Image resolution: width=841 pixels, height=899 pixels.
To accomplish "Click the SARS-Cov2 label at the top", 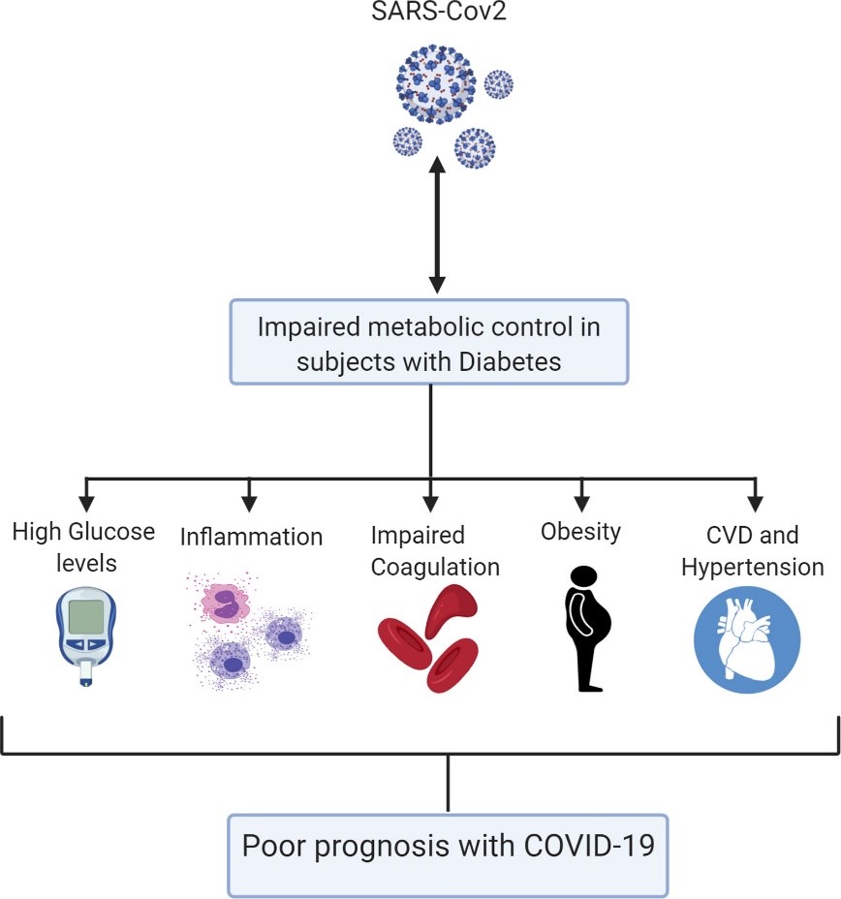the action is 439,12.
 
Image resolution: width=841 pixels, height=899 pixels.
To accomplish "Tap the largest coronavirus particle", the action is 436,84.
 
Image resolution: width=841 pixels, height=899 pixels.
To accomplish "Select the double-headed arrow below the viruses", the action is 437,225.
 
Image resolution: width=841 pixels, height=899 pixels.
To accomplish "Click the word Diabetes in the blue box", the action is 510,361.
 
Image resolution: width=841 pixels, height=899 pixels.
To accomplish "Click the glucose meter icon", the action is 86,636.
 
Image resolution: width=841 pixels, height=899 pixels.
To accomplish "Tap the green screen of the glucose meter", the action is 86,616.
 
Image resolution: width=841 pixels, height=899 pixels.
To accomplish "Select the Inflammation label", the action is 251,538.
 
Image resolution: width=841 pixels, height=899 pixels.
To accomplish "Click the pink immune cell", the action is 225,603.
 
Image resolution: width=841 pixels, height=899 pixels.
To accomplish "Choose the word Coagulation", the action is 435,568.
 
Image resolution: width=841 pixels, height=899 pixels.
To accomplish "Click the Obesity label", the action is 580,533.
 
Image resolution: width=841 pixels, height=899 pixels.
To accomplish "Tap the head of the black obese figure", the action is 584,575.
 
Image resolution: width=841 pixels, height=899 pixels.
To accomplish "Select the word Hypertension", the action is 753,568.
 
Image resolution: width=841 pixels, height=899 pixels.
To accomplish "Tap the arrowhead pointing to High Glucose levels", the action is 86,504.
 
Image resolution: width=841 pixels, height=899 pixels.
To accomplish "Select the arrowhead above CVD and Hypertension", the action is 756,504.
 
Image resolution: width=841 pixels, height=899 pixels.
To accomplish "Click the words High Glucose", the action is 83,532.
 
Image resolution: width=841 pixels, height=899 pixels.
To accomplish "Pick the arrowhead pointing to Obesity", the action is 582,504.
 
